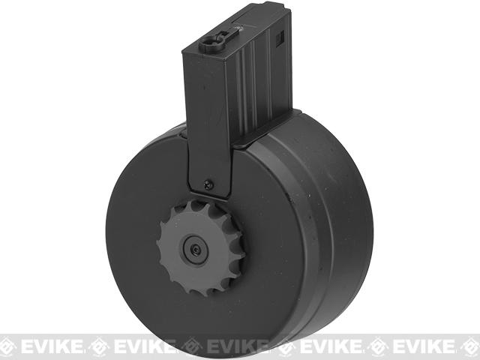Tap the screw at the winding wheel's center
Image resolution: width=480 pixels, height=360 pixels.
click(x=196, y=250)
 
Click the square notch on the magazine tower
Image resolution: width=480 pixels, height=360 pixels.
click(x=280, y=38)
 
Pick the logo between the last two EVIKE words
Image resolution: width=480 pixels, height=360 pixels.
click(x=378, y=346)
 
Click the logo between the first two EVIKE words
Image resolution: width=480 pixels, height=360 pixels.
click(x=98, y=346)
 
